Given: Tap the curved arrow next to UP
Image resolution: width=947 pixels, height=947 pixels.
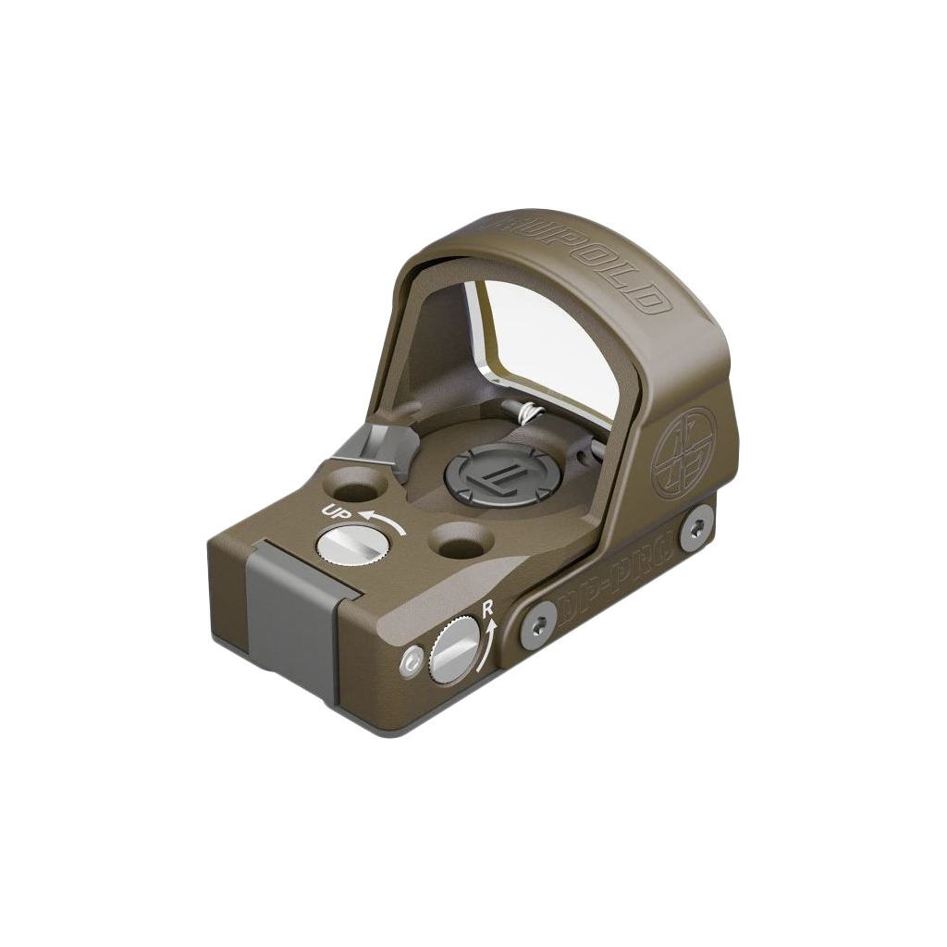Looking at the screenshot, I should pos(382,520).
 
